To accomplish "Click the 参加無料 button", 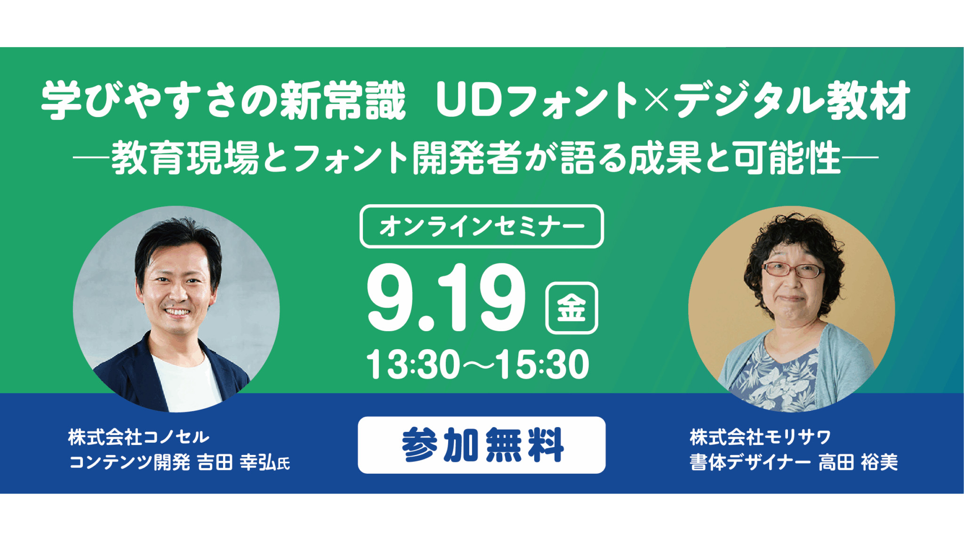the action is [x=482, y=445].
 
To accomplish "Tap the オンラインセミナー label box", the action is [x=482, y=226].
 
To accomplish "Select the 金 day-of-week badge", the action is [x=571, y=308].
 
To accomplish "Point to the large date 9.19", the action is [x=445, y=297].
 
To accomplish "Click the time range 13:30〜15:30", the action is [x=477, y=364].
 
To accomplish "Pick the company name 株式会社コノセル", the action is [x=138, y=437].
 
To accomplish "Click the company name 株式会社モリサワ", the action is [x=760, y=437].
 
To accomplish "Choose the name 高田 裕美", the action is [x=858, y=462].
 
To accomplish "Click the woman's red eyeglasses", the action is [x=794, y=270].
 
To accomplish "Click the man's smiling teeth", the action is [x=177, y=312].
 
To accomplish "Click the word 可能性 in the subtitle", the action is [x=787, y=158].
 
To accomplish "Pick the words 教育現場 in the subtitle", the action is [x=185, y=158].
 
